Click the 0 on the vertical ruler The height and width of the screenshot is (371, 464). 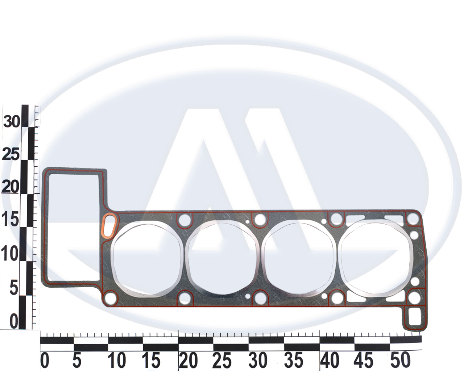[x=14, y=321]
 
